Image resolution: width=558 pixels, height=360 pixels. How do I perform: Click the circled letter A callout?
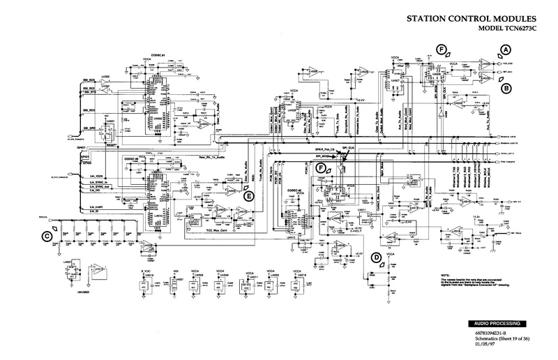pos(506,49)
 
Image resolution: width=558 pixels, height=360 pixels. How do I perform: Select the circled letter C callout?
pos(47,236)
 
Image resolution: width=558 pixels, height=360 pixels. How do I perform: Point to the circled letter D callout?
pos(375,257)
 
